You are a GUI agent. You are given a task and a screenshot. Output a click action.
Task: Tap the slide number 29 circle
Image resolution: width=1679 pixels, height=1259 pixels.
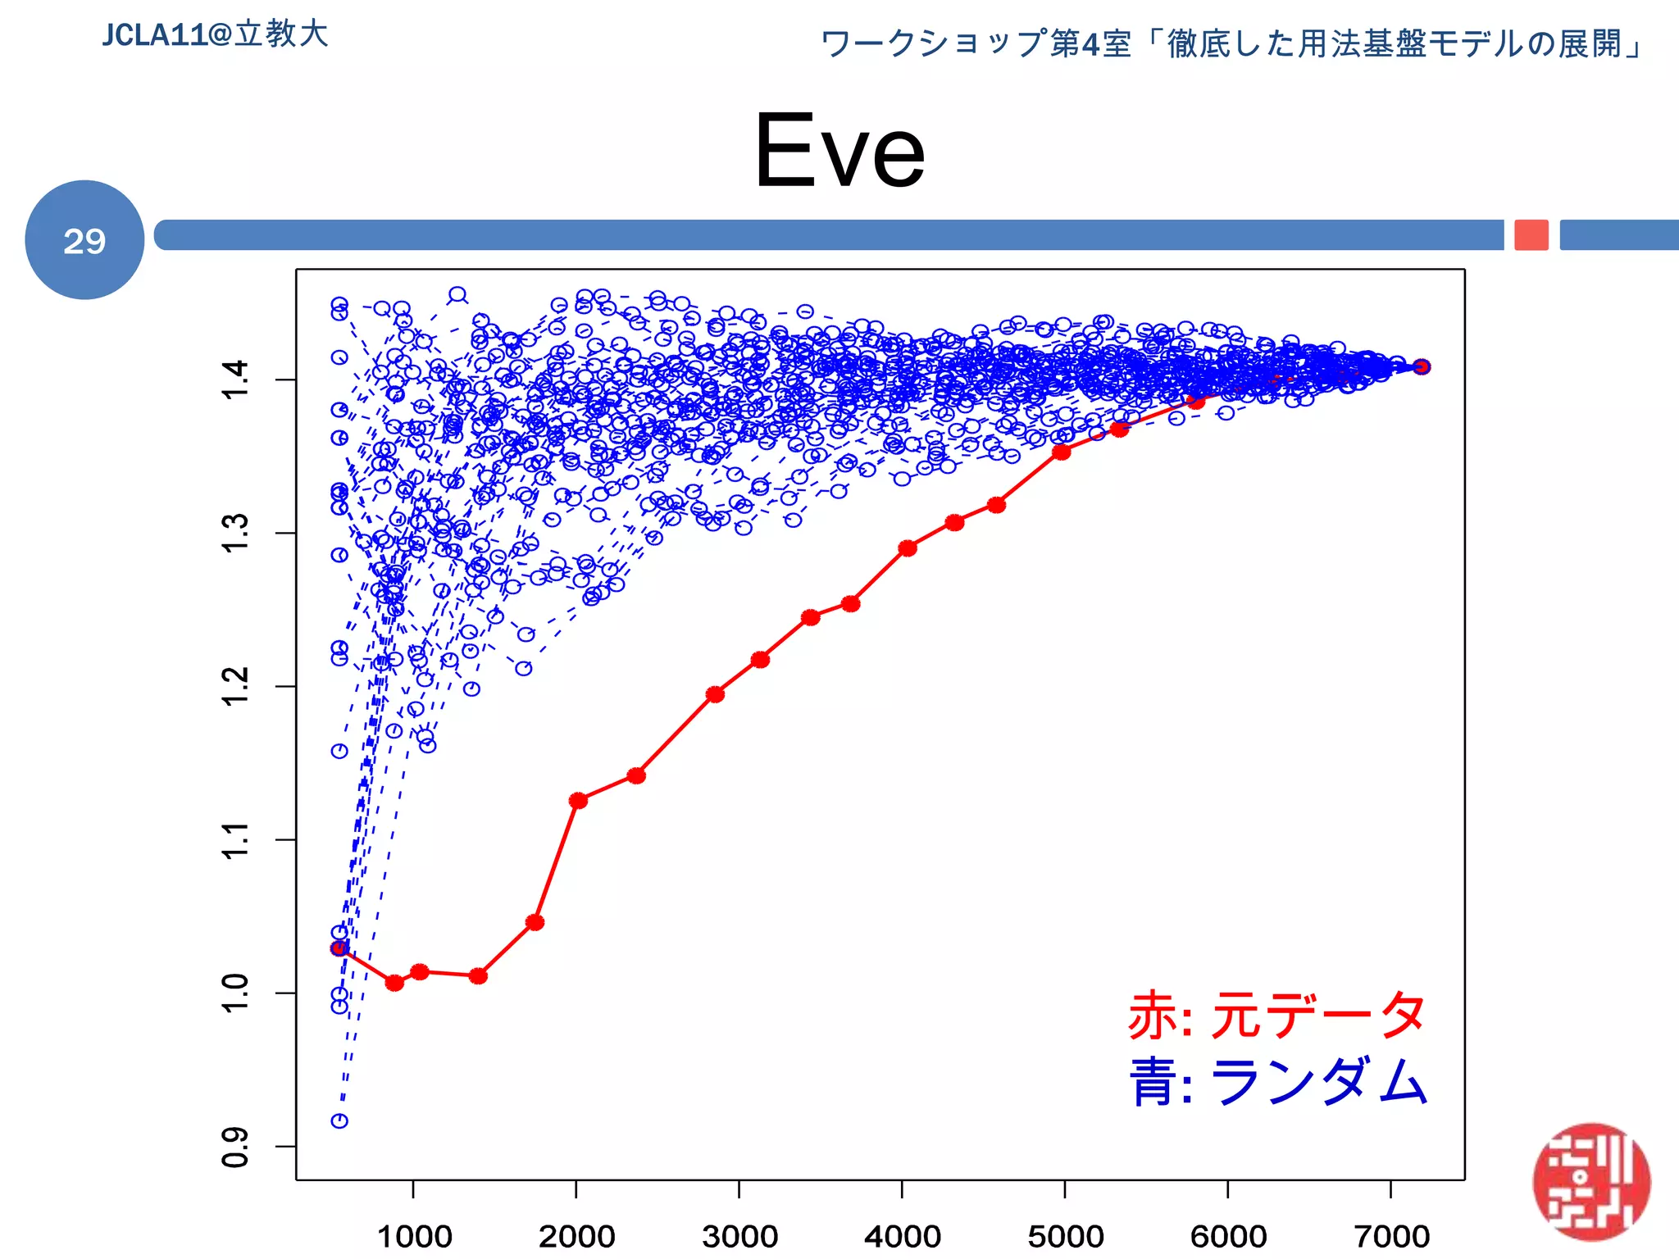click(x=84, y=240)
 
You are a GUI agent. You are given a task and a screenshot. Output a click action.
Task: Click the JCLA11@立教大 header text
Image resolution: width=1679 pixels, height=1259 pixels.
click(x=215, y=34)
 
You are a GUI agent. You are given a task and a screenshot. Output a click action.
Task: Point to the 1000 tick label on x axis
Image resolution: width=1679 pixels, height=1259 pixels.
click(x=414, y=1236)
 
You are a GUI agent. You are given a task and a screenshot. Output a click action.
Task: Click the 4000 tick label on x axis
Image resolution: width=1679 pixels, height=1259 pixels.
click(x=903, y=1236)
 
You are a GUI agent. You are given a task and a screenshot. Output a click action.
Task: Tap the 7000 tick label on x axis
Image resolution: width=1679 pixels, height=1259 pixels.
click(x=1391, y=1236)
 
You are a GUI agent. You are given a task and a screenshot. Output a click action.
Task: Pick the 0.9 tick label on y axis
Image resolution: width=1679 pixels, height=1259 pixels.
click(x=235, y=1147)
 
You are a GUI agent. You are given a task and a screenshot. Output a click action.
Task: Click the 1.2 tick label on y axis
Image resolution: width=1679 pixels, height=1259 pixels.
click(x=235, y=686)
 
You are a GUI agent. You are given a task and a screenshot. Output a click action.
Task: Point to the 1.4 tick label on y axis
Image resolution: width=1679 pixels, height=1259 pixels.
click(x=235, y=380)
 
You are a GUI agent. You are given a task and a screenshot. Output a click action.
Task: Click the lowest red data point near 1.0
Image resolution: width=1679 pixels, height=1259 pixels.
click(x=394, y=983)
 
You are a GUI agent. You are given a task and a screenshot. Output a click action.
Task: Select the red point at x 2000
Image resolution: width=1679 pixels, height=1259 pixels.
click(x=578, y=800)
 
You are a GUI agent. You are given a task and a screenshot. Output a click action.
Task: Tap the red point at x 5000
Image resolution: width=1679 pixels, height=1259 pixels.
click(x=1062, y=452)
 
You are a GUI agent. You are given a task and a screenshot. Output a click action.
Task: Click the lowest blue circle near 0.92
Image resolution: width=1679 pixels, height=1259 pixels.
click(x=339, y=1120)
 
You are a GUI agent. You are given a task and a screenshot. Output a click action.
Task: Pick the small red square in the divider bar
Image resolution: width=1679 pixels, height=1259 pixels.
click(x=1531, y=235)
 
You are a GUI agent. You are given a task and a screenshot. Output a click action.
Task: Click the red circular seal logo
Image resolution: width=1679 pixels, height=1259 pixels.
click(x=1591, y=1182)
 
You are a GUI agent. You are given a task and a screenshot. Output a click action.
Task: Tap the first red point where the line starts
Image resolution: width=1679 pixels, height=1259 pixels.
click(x=339, y=948)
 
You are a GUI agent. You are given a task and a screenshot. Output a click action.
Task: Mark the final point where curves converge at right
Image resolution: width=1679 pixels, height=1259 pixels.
click(x=1422, y=366)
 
